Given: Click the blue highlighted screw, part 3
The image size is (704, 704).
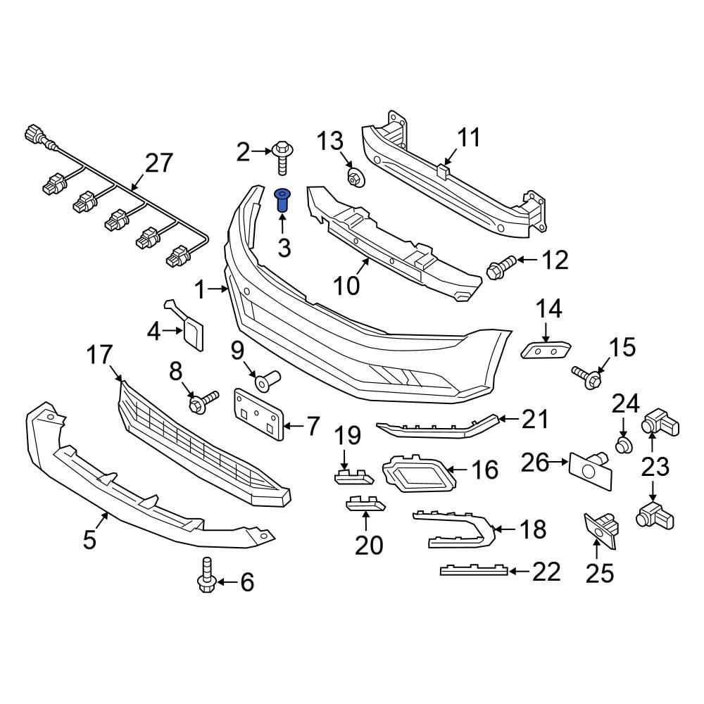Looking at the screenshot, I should [x=282, y=201].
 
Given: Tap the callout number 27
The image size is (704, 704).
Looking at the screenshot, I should [x=158, y=163].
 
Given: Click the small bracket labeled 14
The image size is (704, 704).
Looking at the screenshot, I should [x=546, y=350].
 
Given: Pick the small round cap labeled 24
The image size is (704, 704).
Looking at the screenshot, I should [x=623, y=445].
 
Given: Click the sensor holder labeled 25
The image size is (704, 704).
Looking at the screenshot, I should [x=600, y=529].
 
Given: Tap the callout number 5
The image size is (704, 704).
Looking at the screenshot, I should [x=89, y=541].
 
